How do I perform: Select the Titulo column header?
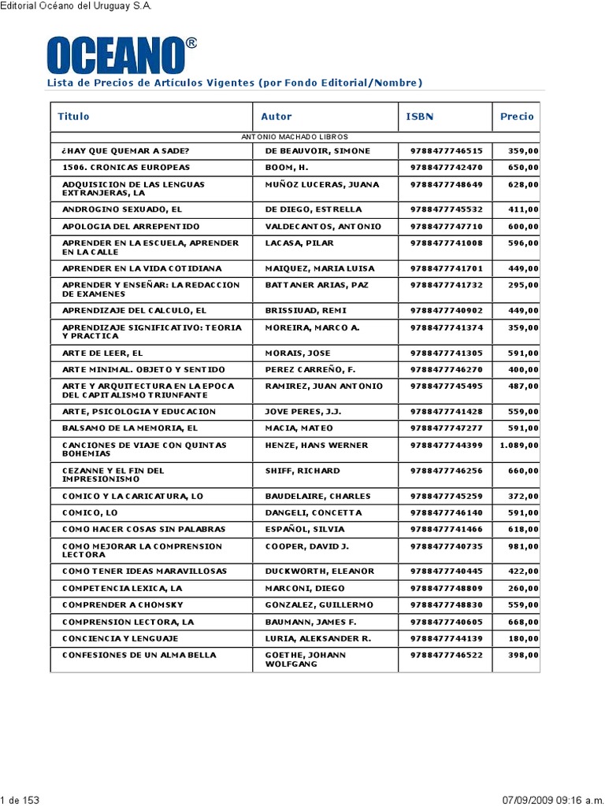point(73,116)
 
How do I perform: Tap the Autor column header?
point(276,116)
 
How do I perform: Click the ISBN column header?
point(419,116)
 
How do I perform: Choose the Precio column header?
point(516,116)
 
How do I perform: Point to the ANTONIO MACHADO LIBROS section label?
point(294,137)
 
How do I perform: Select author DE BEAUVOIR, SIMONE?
point(317,151)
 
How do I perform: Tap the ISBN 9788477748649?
point(446,185)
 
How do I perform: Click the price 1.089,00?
point(518,446)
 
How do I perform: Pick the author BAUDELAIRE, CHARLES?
point(317,496)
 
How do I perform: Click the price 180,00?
point(523,638)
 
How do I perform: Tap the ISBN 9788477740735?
point(446,546)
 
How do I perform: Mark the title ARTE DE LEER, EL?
point(102,353)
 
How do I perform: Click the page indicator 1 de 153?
point(20,800)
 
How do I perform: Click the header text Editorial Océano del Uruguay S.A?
point(76,6)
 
